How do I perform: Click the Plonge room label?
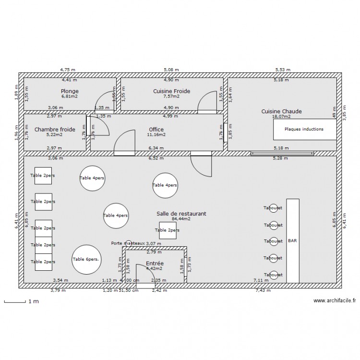(x=70, y=91)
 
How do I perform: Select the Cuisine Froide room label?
(x=171, y=91)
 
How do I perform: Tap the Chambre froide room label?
(x=55, y=129)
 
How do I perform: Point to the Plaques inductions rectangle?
(x=304, y=130)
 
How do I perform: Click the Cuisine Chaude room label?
(x=281, y=111)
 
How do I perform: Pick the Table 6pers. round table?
(x=86, y=259)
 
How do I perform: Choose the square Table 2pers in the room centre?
(x=167, y=230)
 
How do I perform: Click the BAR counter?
(x=293, y=240)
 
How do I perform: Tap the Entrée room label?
(x=155, y=264)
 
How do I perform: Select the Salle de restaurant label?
(x=181, y=214)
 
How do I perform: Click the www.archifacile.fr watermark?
(x=334, y=301)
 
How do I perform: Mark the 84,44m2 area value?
(x=181, y=219)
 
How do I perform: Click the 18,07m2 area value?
(x=281, y=116)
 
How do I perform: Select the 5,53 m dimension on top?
(x=282, y=70)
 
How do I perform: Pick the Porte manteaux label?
(x=127, y=243)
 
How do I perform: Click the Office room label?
(x=156, y=130)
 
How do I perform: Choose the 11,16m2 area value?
(x=156, y=135)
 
